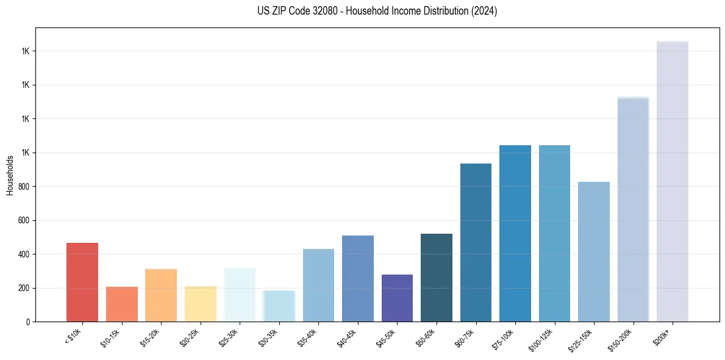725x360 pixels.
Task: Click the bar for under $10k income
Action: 82,282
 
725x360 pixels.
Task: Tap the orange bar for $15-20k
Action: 161,295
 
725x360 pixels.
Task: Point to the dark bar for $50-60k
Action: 437,278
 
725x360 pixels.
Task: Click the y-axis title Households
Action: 10,175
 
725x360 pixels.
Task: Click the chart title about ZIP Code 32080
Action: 377,11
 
